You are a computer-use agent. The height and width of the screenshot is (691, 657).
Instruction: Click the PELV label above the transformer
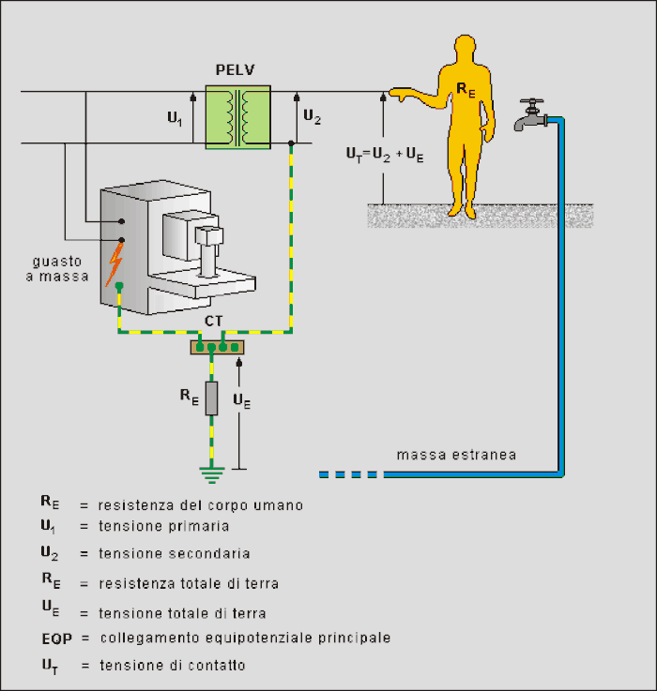[237, 70]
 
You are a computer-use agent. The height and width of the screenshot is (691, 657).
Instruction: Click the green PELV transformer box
[238, 117]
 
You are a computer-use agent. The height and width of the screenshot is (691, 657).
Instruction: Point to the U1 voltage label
[175, 118]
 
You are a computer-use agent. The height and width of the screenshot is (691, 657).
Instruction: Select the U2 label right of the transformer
[313, 118]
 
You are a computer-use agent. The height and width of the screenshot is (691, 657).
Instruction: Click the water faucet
[530, 116]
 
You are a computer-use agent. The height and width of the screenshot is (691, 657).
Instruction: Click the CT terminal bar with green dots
[217, 347]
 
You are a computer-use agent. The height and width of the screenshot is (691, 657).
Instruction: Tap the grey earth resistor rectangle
[212, 398]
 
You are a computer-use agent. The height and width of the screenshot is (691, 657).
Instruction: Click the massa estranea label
[456, 456]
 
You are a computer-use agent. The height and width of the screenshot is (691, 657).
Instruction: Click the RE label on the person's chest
[466, 89]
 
